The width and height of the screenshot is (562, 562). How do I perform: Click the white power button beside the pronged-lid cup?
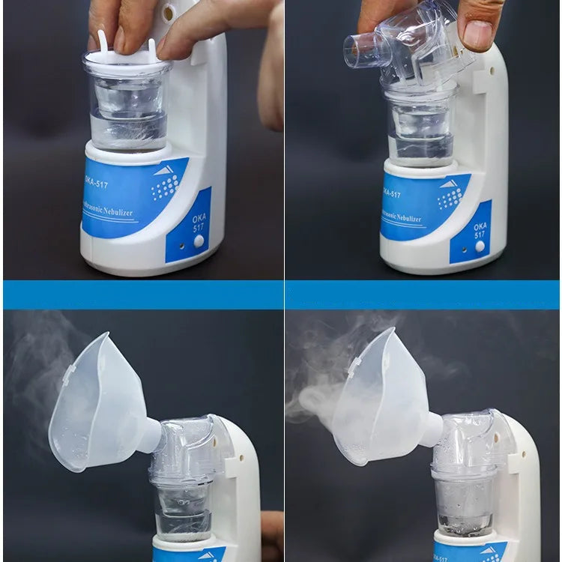coord(199,241)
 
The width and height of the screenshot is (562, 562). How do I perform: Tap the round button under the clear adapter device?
coord(480,246)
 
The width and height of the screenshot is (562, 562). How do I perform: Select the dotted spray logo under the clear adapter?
coord(450,197)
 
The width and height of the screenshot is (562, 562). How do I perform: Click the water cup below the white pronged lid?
coord(127,112)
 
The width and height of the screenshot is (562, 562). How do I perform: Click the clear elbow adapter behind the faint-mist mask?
coord(187,450)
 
